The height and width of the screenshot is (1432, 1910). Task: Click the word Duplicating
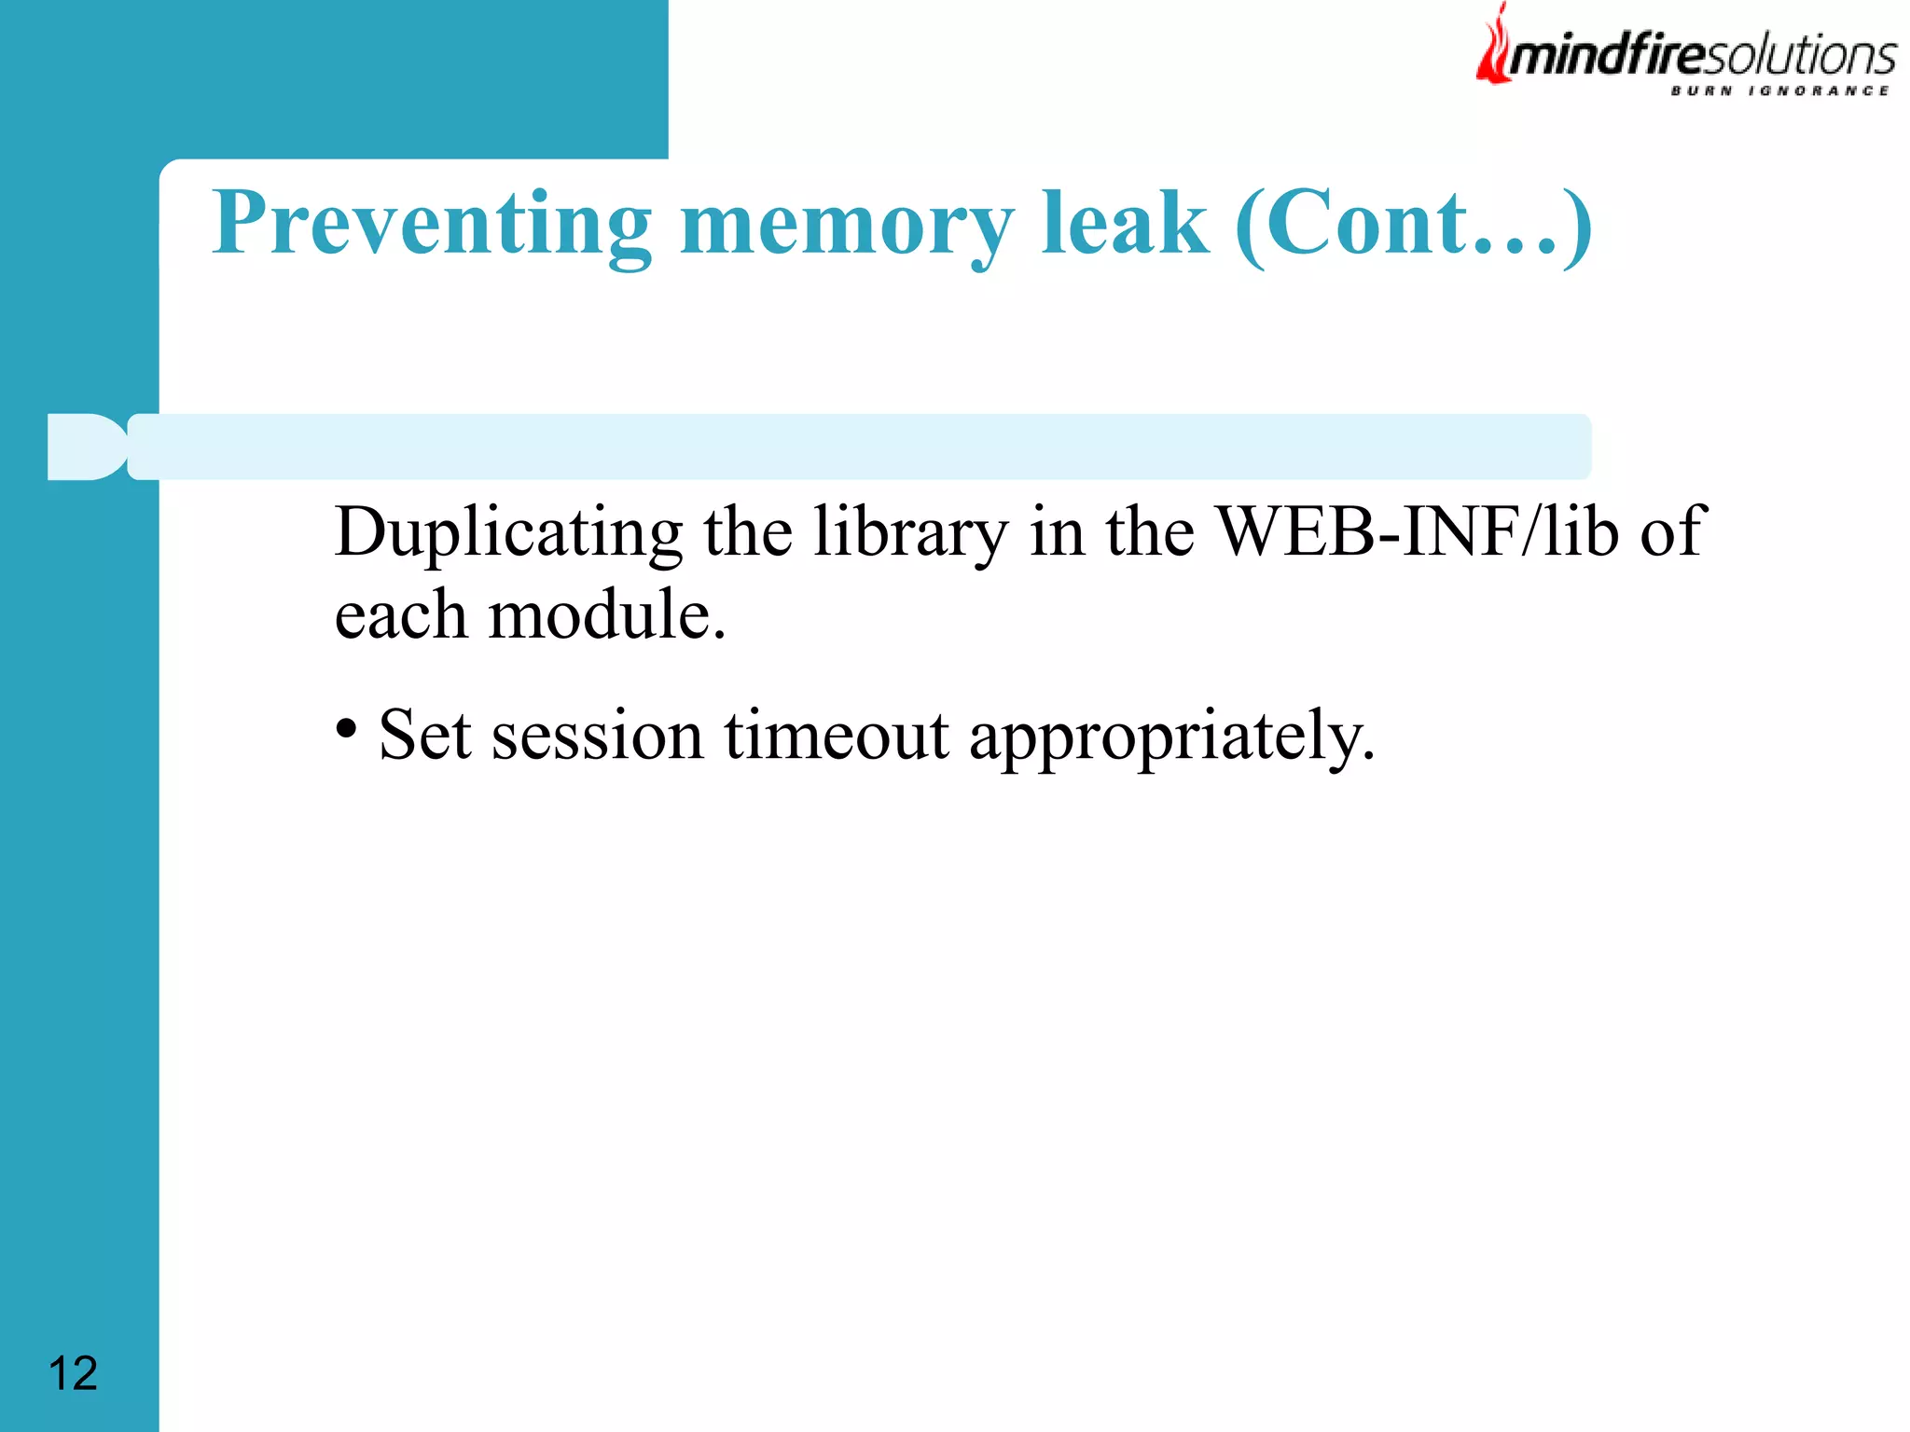508,533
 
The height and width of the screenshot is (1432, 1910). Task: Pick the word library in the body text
910,533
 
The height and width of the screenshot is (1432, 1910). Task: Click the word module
606,615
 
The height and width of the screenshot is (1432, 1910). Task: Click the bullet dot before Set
346,728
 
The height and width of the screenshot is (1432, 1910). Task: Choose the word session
597,737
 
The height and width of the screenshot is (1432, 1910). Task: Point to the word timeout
837,737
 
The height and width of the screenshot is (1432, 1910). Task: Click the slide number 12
73,1373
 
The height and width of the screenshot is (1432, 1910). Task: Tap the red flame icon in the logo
1494,47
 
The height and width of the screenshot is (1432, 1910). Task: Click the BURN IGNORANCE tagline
1779,90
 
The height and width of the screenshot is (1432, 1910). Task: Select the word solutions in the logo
1800,56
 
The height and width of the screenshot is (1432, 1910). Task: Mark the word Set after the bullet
425,737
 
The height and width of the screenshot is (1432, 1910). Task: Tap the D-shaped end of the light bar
86,447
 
